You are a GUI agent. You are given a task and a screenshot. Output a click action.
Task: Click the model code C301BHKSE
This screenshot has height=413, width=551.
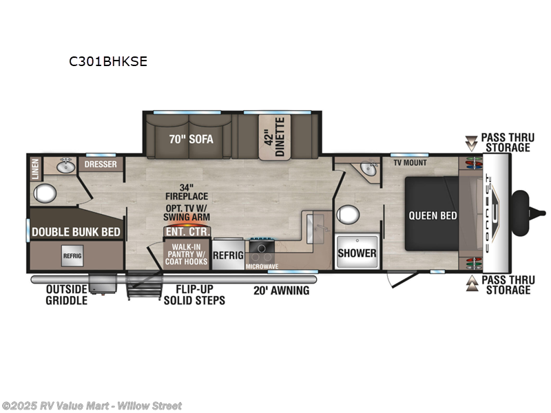coord(107,61)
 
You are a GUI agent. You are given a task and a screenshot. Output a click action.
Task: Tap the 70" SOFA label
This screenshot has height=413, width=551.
coord(191,138)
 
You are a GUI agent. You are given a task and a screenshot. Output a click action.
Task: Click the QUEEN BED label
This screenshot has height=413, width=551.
coord(433,215)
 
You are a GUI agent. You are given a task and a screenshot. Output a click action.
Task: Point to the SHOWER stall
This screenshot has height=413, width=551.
coord(357,253)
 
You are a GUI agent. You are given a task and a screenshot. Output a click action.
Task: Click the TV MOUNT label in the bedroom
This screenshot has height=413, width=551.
coord(410,162)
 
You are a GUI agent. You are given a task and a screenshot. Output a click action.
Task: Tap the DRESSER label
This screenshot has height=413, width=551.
coord(101,165)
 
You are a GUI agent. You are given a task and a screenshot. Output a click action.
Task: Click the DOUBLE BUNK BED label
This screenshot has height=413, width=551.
coord(77,232)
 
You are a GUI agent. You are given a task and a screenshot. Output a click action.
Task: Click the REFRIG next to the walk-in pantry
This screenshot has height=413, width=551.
coord(228,255)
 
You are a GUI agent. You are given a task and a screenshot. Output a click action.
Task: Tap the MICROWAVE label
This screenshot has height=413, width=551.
coord(262,265)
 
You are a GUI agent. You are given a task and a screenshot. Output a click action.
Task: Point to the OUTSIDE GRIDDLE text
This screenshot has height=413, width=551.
coord(67,295)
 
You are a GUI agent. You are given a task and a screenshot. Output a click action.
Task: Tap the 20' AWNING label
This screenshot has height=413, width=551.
coord(280,290)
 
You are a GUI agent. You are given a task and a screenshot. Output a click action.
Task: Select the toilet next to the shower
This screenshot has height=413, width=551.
coord(349,215)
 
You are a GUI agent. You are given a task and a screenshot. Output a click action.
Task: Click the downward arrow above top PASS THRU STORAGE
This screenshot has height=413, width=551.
coord(472,143)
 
